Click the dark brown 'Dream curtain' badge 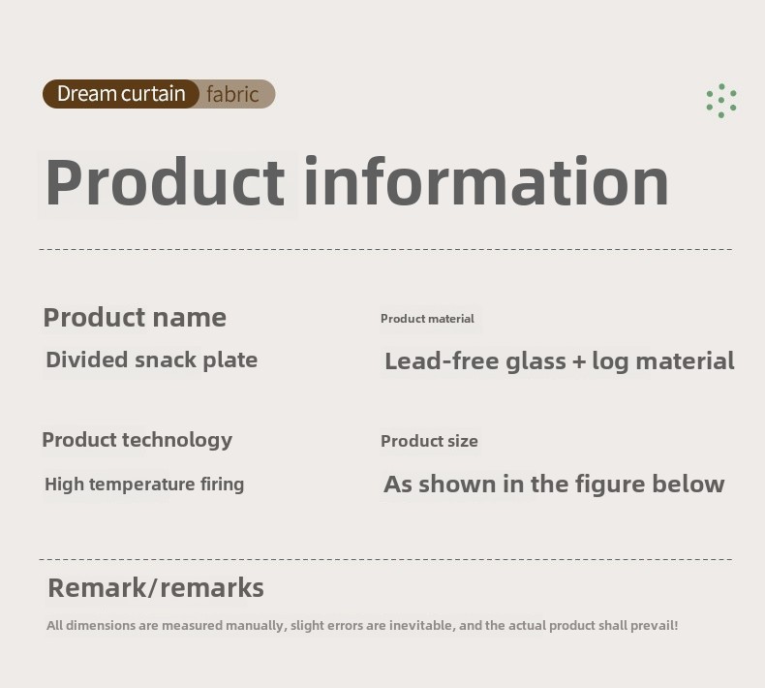tap(121, 94)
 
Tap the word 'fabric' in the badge tap(232, 94)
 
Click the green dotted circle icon tap(721, 101)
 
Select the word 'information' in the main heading tap(486, 181)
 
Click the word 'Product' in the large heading tap(165, 181)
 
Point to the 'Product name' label tap(135, 318)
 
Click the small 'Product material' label tap(427, 319)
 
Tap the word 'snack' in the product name tap(166, 360)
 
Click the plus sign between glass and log tap(579, 361)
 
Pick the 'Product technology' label tap(138, 440)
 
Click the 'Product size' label tap(429, 441)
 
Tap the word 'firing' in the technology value tap(222, 485)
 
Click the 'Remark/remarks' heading tap(156, 587)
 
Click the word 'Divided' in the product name tap(87, 360)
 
